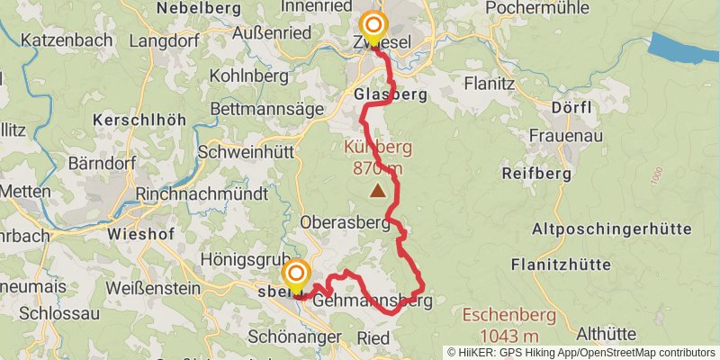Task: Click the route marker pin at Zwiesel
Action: tap(373, 27)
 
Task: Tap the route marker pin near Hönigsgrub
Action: tap(296, 274)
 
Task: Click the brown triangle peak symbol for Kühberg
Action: tap(377, 190)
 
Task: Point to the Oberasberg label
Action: tap(345, 221)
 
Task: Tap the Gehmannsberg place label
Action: tap(373, 302)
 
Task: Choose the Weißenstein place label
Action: tap(152, 288)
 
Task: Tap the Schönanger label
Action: tap(293, 337)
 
